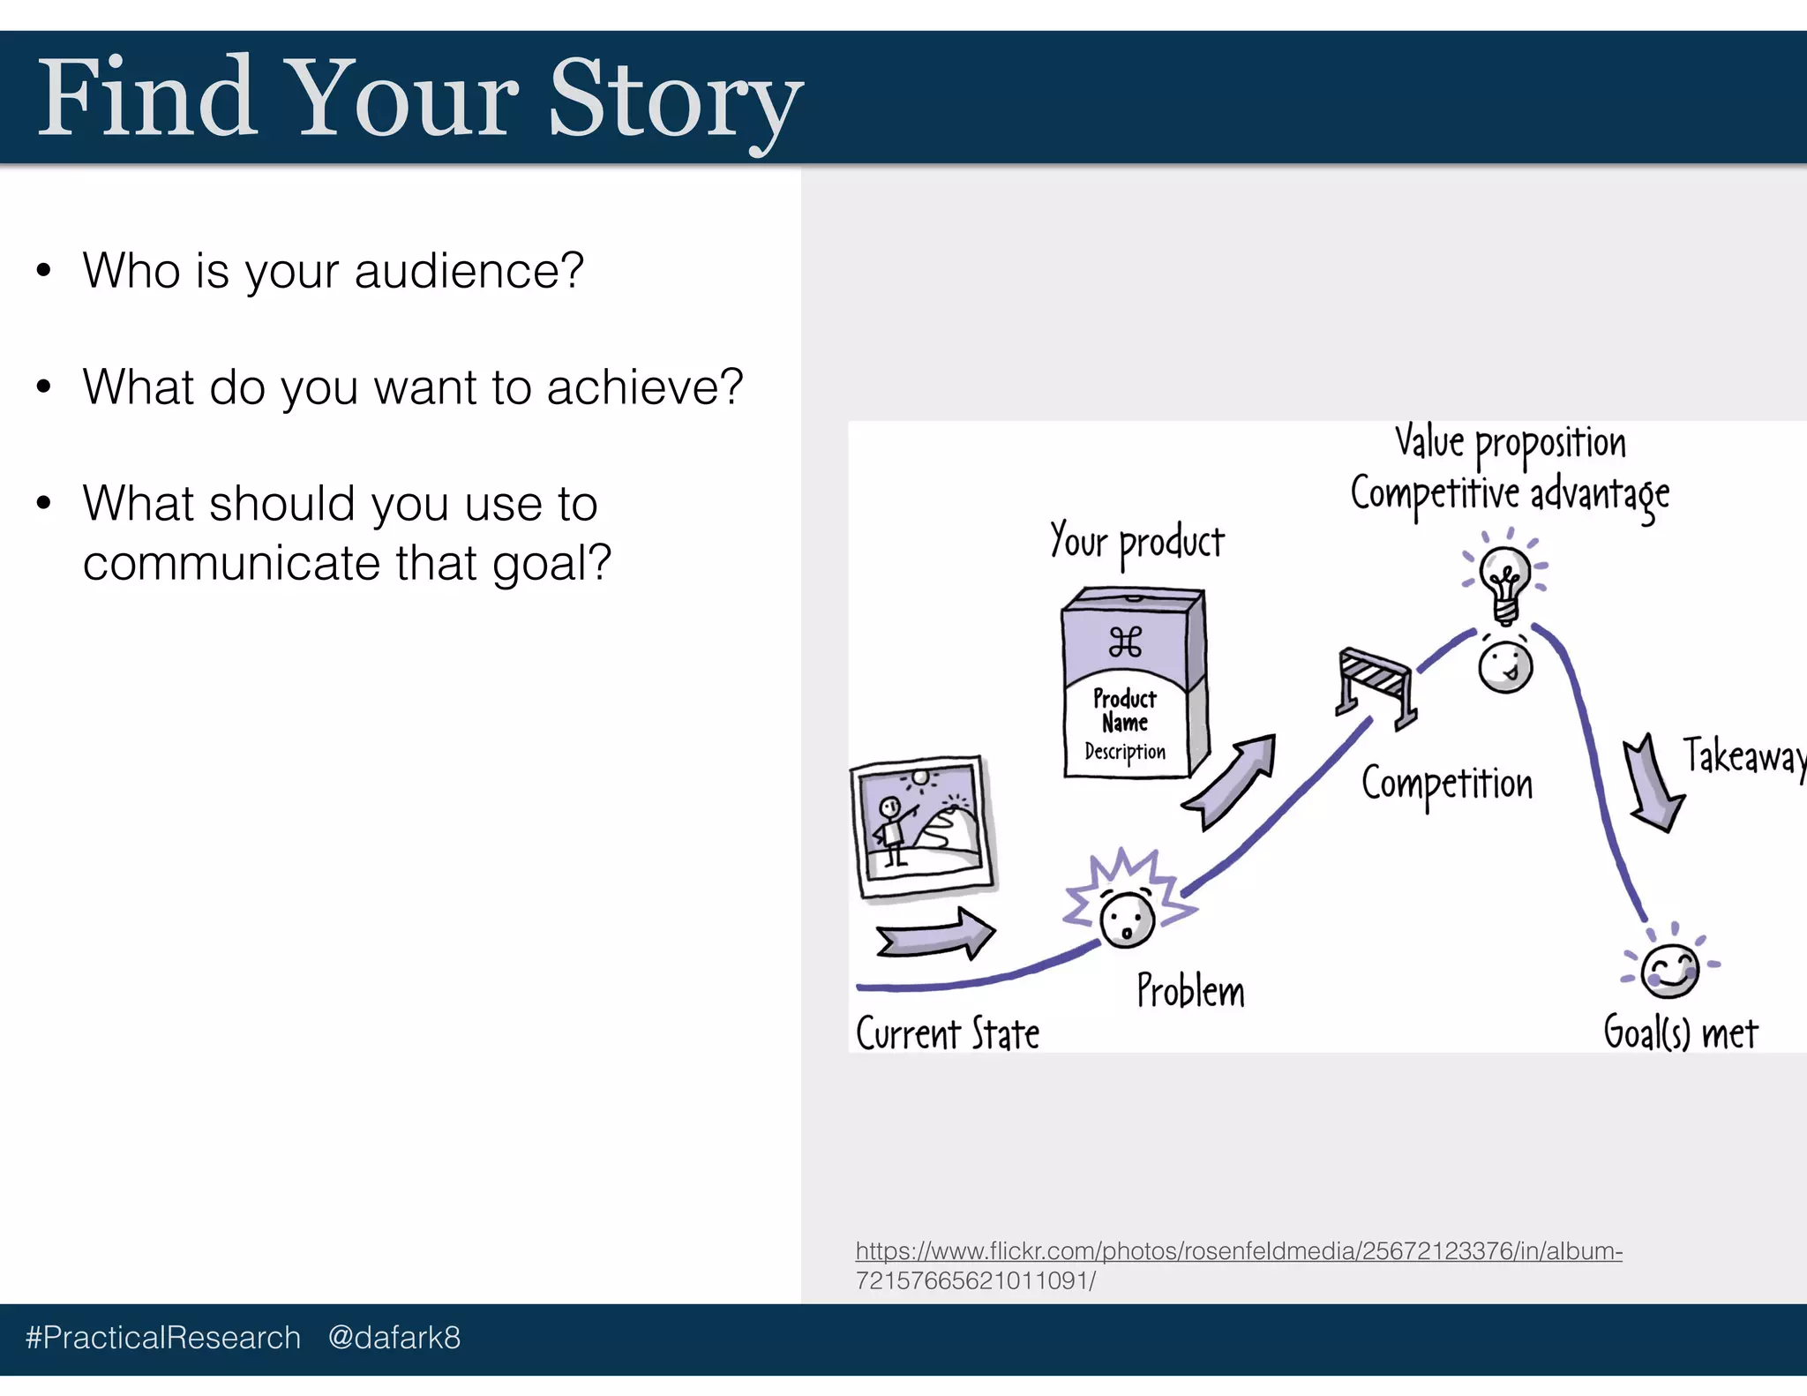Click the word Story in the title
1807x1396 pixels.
click(x=675, y=99)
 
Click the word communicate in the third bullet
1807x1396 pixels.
click(x=231, y=563)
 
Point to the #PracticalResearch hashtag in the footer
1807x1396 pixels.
click(x=163, y=1338)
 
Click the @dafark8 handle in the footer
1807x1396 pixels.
click(x=394, y=1338)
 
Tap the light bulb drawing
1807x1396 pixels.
click(x=1505, y=582)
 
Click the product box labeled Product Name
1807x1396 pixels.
click(x=1132, y=684)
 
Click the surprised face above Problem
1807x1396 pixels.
click(x=1127, y=918)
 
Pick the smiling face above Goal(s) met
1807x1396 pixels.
click(x=1669, y=971)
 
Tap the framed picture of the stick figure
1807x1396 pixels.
click(x=923, y=828)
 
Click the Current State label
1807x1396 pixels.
click(x=948, y=1033)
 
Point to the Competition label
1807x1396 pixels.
click(x=1447, y=784)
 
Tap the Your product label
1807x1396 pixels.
click(x=1136, y=541)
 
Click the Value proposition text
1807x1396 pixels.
click(x=1510, y=442)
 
